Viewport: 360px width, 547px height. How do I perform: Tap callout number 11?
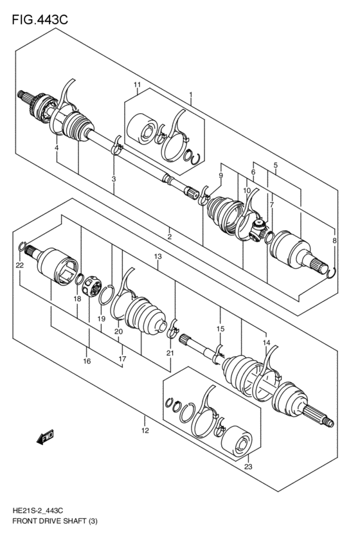tap(137, 85)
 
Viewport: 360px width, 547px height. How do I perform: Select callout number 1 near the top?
tap(190, 95)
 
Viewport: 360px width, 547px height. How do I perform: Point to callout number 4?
tap(57, 148)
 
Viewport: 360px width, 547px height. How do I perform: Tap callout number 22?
tap(20, 265)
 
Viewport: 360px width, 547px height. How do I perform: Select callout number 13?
tap(157, 256)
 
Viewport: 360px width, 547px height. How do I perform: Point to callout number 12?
tap(145, 430)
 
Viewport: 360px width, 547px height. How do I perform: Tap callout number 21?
tap(170, 353)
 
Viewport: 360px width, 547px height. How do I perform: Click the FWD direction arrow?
tap(46, 439)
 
